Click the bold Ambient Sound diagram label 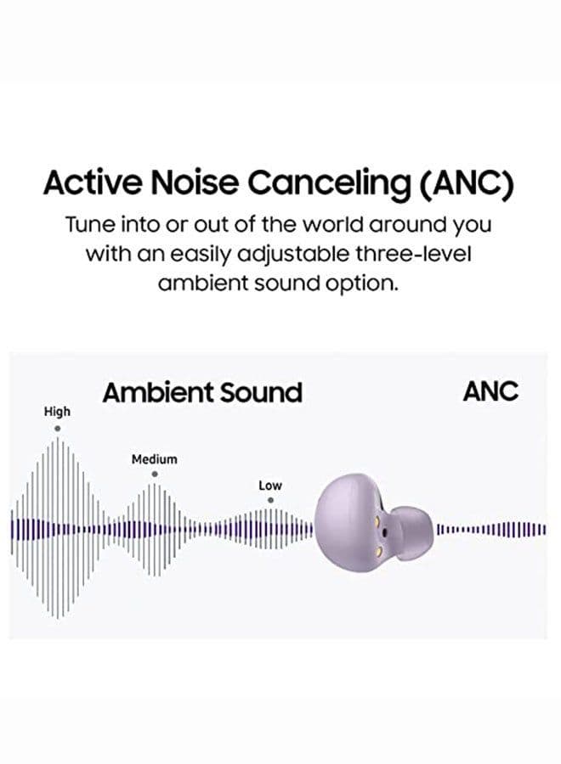201,392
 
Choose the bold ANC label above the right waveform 490,391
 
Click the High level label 57,412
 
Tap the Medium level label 155,459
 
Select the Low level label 270,486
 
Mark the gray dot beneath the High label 57,428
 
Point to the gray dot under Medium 154,475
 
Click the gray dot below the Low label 270,500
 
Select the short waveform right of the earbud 491,531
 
